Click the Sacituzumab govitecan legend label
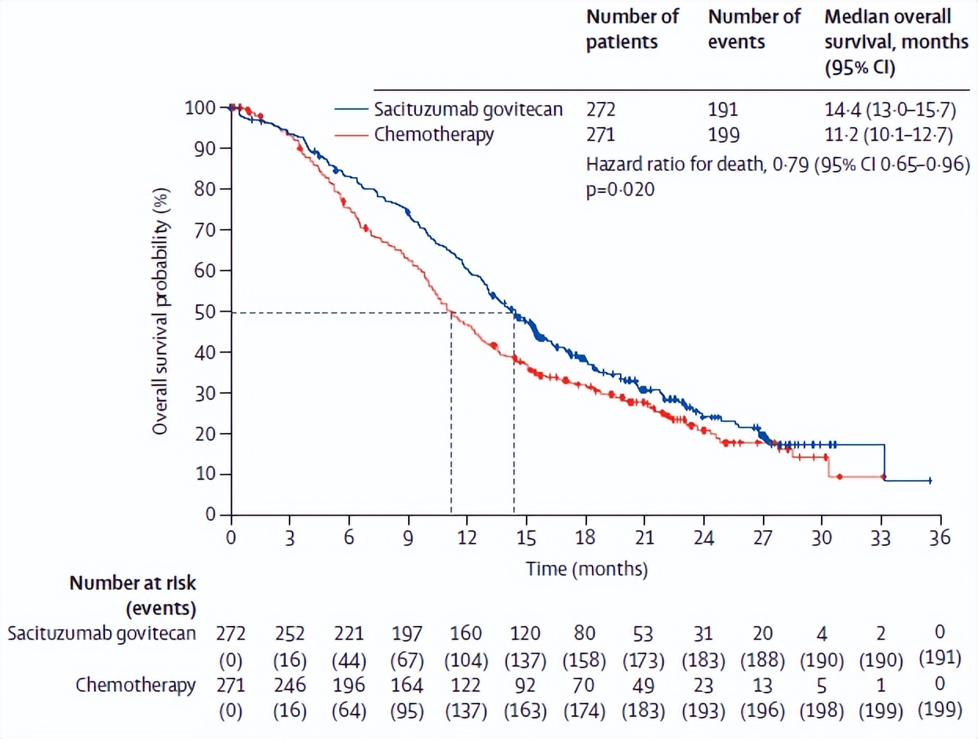click(469, 109)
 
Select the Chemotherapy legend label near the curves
click(434, 135)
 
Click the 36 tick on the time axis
click(940, 538)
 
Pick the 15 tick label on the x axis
click(526, 538)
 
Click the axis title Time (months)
click(586, 568)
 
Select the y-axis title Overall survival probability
click(161, 311)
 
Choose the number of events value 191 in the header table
click(723, 109)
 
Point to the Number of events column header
click(754, 28)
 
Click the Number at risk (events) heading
click(133, 595)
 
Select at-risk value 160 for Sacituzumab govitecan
click(467, 633)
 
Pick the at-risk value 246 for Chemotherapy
click(290, 685)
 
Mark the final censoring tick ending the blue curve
click(930, 480)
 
